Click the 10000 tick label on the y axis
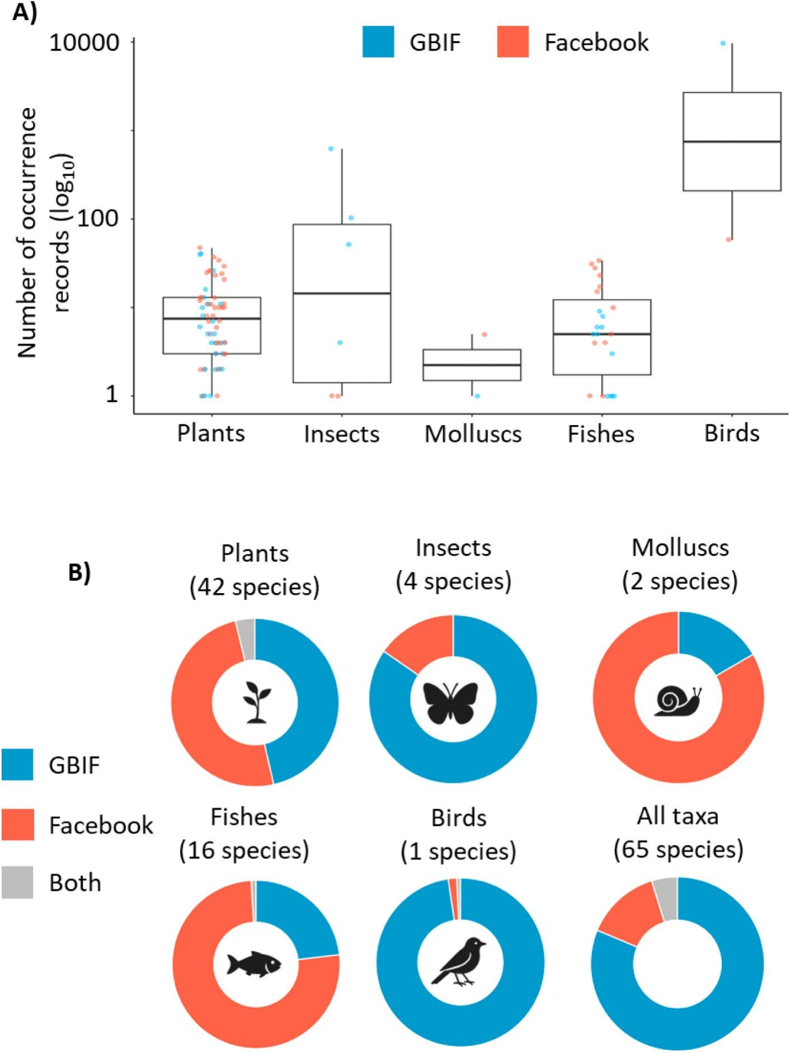(85, 43)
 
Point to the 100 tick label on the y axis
(97, 218)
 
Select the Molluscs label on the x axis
(473, 434)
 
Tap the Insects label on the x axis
(341, 434)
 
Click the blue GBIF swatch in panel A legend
(378, 42)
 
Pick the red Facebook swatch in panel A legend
(513, 42)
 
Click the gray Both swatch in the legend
(17, 882)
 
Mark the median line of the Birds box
(732, 142)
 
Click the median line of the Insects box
(341, 293)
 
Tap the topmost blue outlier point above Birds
(723, 43)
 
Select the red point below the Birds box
(728, 239)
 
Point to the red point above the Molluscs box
(485, 335)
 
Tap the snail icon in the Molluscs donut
(678, 700)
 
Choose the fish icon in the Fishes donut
(254, 963)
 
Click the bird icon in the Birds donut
(459, 961)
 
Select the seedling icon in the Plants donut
(255, 703)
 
